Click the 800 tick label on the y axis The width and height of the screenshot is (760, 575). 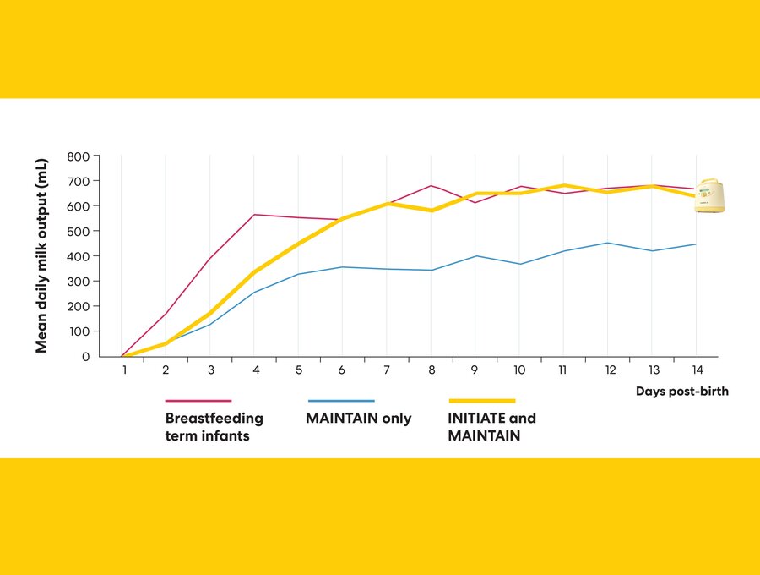(x=79, y=156)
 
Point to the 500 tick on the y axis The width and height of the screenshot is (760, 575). (x=79, y=231)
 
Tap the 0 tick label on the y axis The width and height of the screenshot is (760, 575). (x=84, y=357)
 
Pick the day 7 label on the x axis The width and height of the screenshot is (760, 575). (x=387, y=370)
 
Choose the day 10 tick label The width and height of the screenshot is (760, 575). (x=518, y=370)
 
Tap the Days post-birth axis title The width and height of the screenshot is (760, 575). (x=681, y=392)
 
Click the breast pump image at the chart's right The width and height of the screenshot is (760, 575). (x=709, y=195)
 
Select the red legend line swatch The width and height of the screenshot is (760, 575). (x=198, y=401)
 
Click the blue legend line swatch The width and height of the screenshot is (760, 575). (x=341, y=401)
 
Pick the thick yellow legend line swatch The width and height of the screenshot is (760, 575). (x=482, y=401)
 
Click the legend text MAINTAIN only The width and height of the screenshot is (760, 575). (x=360, y=419)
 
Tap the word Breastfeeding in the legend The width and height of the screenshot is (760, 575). (x=214, y=419)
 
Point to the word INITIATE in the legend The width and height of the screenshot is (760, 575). (x=479, y=419)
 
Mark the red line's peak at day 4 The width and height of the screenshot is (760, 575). (x=254, y=215)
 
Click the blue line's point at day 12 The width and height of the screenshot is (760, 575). (x=607, y=243)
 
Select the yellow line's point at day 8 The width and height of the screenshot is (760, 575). (x=431, y=211)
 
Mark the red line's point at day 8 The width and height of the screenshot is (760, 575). (x=431, y=186)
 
